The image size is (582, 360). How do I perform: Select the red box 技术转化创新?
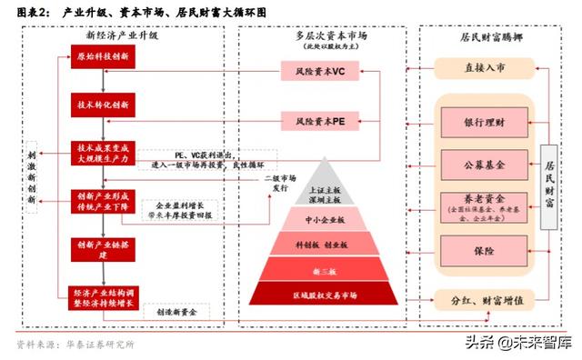click(103, 105)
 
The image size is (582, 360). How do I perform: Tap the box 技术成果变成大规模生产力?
click(103, 151)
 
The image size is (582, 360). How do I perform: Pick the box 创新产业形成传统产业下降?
click(103, 199)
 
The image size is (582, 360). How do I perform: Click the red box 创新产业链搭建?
click(103, 249)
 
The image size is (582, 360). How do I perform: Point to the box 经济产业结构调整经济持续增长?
click(103, 297)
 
